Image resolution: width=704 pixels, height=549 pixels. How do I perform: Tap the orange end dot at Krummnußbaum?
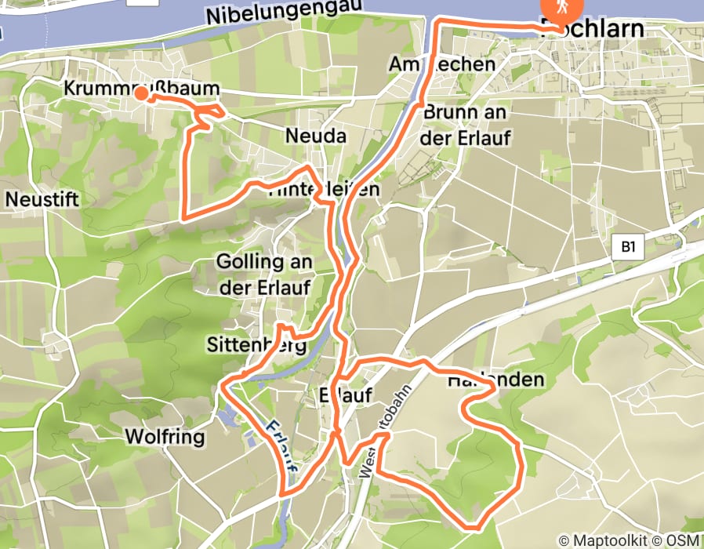(x=141, y=94)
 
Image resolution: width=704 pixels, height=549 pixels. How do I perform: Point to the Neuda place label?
(x=315, y=136)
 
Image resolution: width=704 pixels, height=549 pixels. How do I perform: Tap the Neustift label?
(x=42, y=200)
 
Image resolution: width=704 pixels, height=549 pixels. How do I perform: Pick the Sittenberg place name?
(x=256, y=344)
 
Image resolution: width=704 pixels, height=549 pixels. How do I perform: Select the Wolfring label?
(x=165, y=436)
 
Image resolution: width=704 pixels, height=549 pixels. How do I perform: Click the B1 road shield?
(x=627, y=248)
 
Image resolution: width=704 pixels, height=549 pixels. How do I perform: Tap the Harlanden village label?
(x=496, y=380)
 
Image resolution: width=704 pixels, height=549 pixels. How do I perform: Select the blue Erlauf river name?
(x=281, y=445)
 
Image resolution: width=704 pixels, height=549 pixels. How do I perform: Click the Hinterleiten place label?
(x=324, y=190)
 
